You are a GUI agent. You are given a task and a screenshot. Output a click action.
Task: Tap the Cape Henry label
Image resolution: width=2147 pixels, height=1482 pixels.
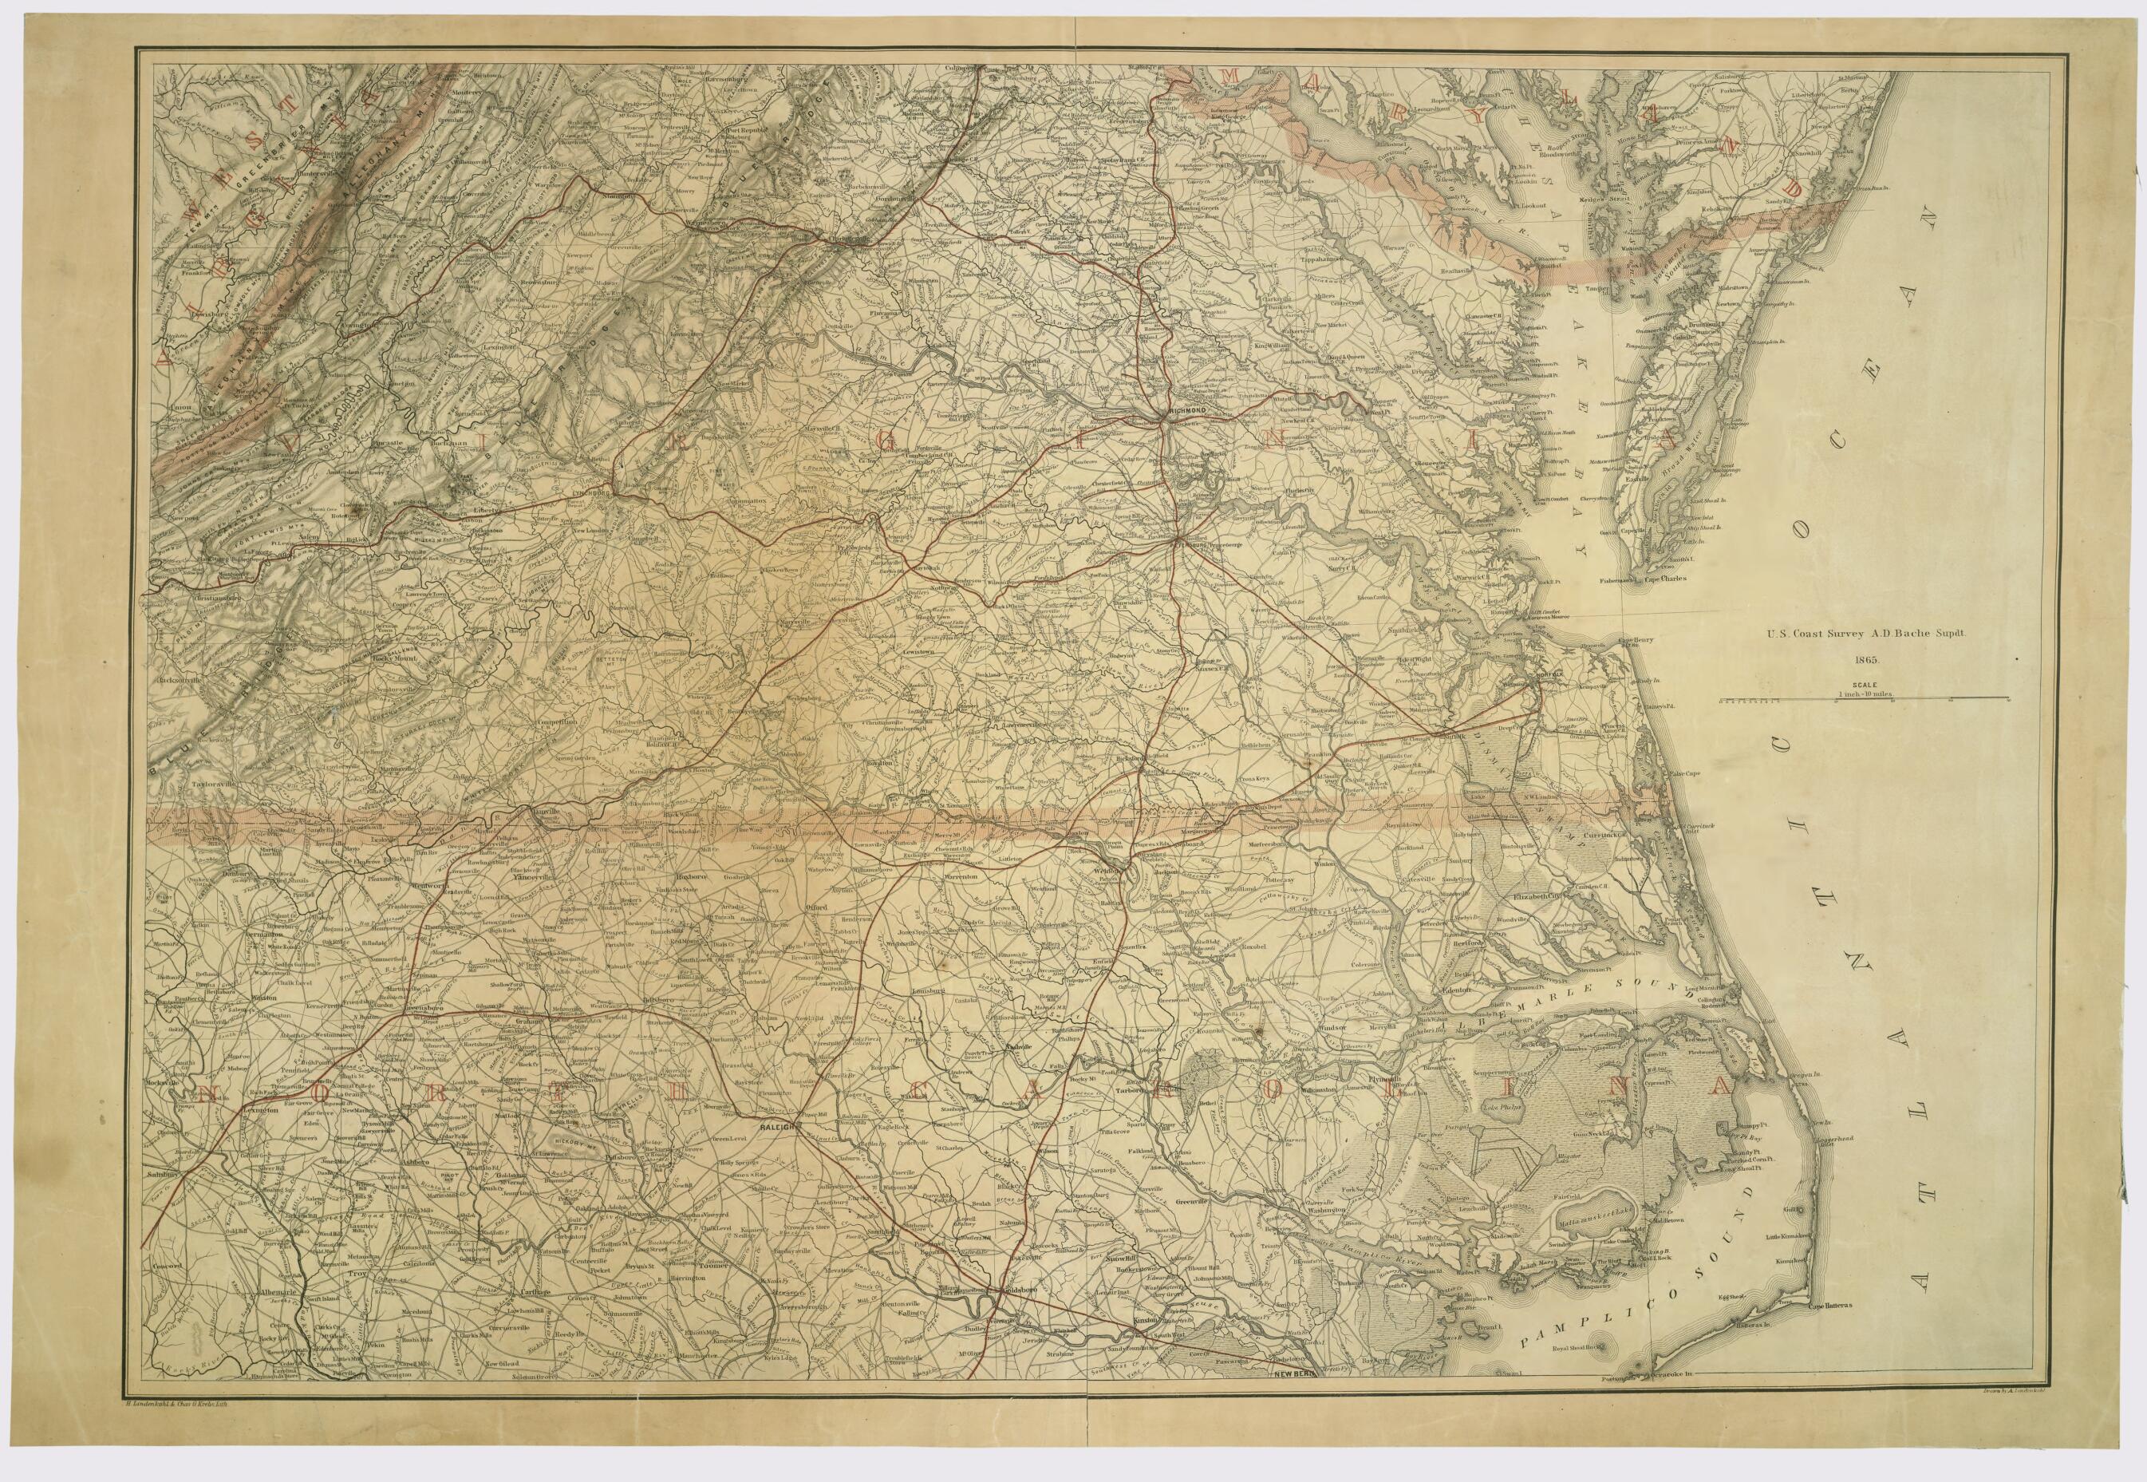[x=1637, y=640]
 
